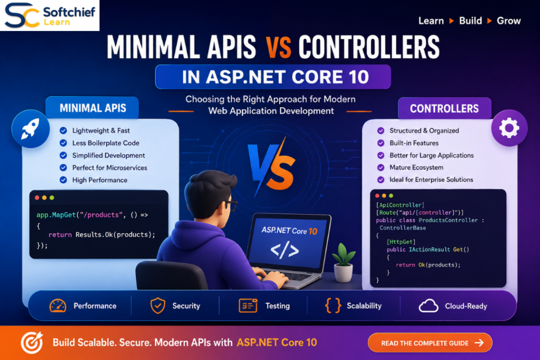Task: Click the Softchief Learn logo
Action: click(x=50, y=15)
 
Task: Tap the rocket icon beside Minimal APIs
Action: click(x=30, y=129)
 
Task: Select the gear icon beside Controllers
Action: click(x=509, y=128)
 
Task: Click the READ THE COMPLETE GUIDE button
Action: click(x=430, y=343)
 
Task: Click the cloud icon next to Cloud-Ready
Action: click(x=428, y=306)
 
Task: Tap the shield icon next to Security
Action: click(x=158, y=306)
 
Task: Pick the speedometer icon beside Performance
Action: click(x=58, y=306)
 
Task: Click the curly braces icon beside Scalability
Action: click(x=333, y=306)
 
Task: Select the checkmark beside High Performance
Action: click(x=63, y=180)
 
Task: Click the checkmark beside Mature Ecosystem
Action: click(x=381, y=167)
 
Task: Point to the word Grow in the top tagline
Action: click(x=508, y=21)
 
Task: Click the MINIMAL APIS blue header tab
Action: click(x=92, y=108)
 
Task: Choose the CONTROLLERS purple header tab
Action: click(x=444, y=109)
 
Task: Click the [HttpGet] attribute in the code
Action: click(x=401, y=242)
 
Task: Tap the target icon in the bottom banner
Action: click(x=32, y=343)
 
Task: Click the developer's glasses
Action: click(x=230, y=205)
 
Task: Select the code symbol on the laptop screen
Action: click(x=284, y=250)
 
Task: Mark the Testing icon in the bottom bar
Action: click(x=248, y=306)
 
